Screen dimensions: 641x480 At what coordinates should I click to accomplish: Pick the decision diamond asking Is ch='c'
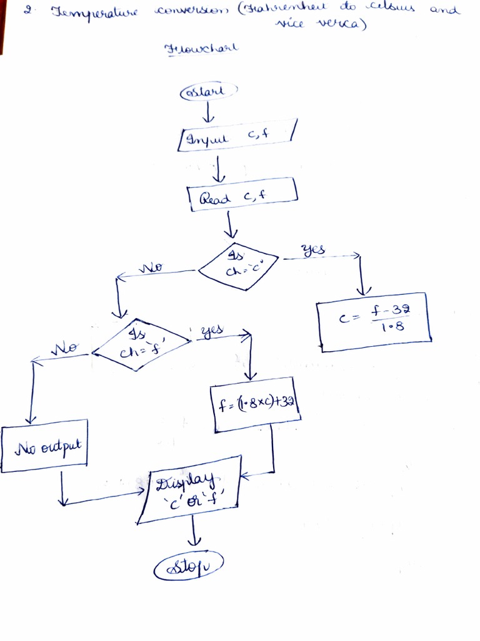point(237,267)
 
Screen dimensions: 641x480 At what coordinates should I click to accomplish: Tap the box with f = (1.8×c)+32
point(256,404)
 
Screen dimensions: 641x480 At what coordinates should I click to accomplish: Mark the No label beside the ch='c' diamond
point(151,267)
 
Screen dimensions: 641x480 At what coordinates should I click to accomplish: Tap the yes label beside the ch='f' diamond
point(212,330)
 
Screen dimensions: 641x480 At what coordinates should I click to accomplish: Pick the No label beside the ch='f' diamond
point(64,347)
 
